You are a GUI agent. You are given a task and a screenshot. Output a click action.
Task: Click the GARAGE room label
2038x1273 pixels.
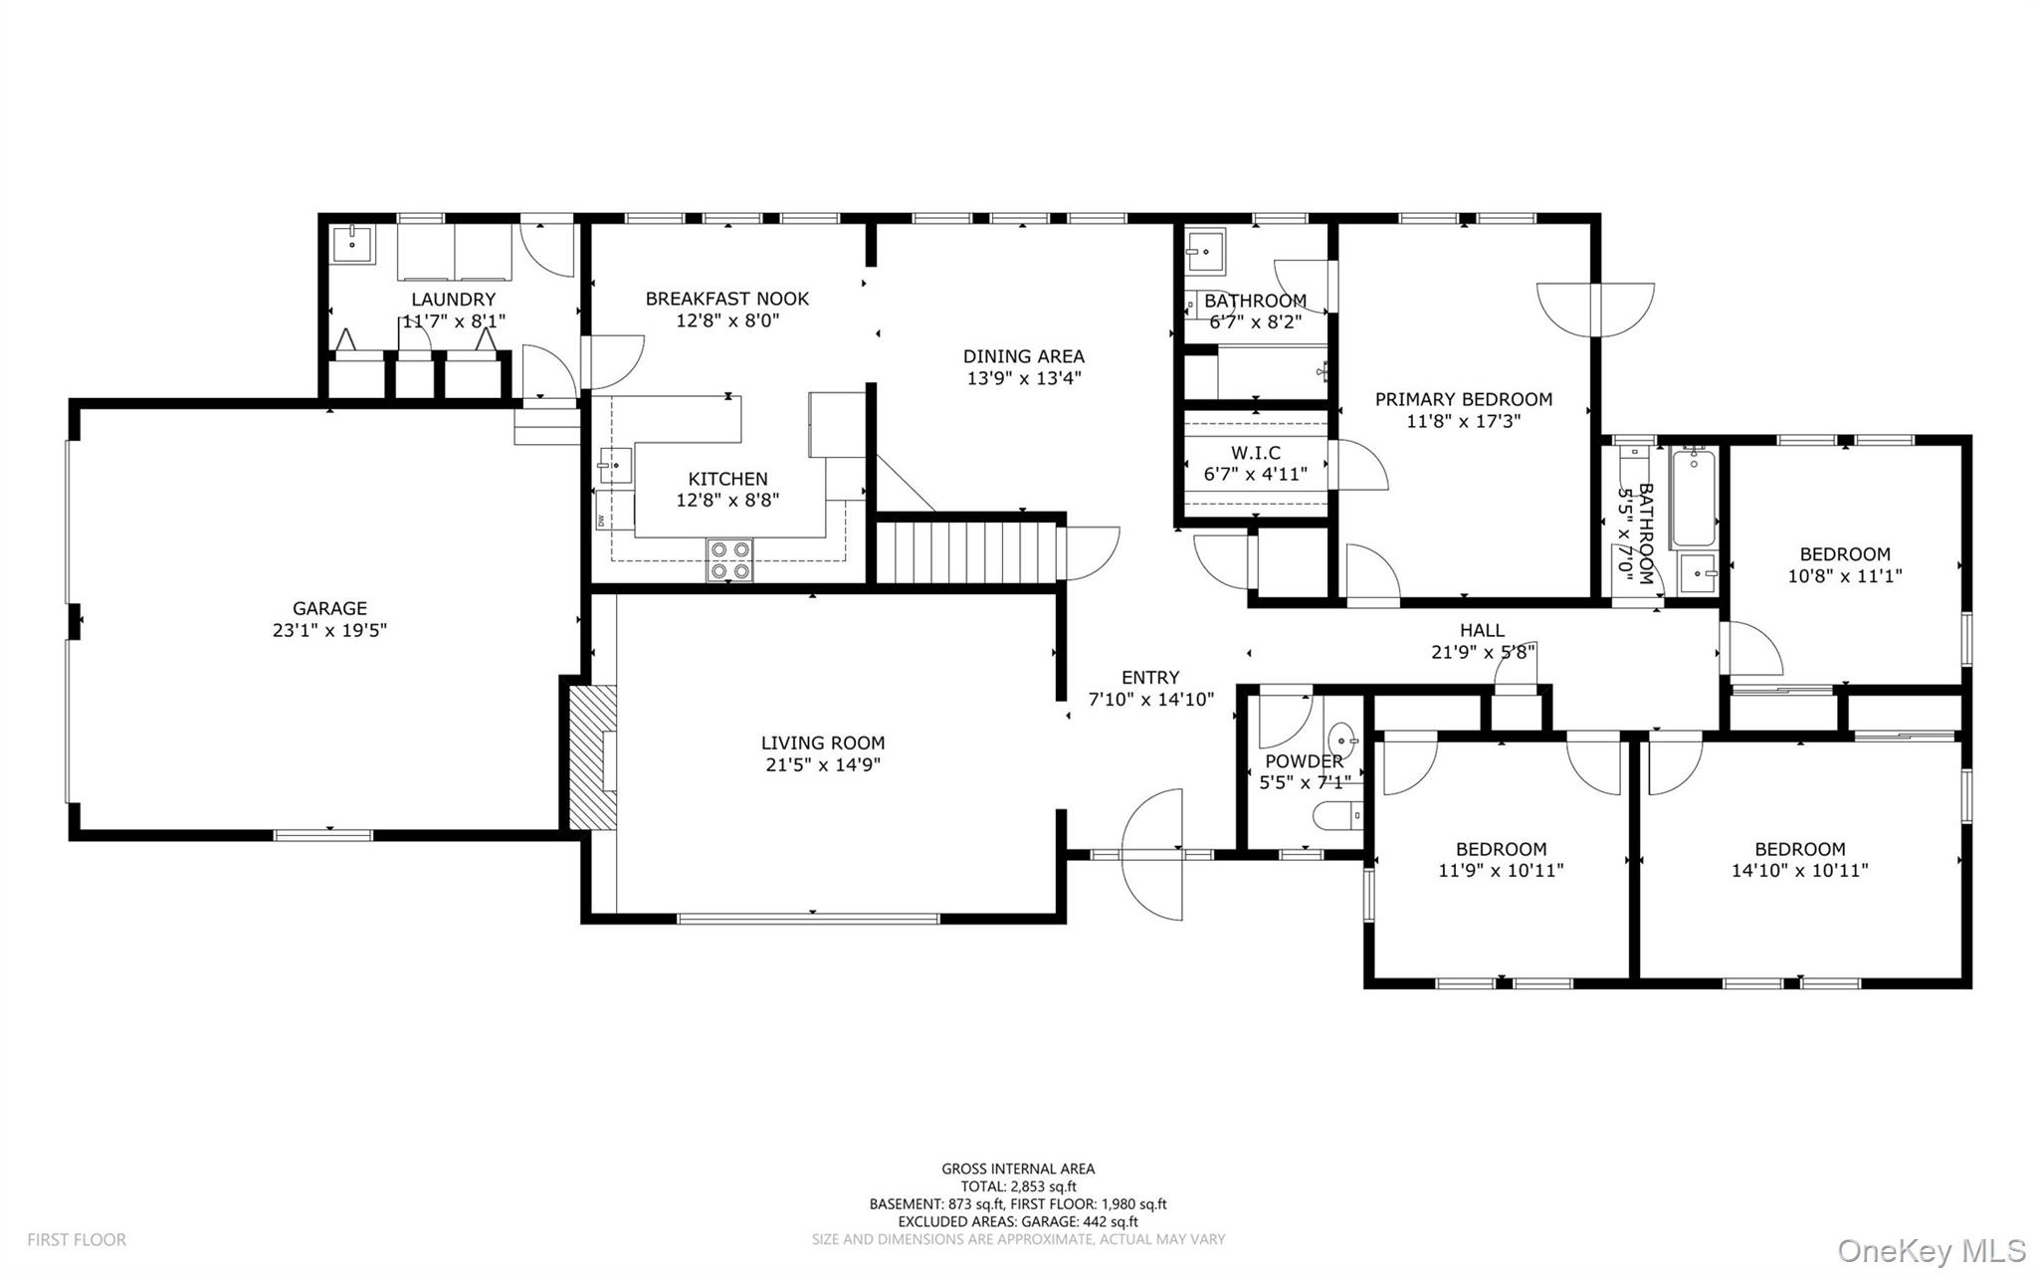329,608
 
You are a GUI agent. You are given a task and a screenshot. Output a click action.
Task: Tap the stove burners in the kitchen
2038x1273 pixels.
729,559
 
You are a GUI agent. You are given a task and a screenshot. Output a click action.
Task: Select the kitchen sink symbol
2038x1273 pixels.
615,465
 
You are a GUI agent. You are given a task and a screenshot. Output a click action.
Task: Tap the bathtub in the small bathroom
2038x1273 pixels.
1694,498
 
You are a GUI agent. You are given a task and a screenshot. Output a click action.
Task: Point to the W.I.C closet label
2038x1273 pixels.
1255,453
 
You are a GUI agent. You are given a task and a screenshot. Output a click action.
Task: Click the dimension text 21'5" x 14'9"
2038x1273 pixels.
822,764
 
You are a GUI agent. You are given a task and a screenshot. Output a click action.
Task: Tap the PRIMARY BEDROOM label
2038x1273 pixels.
1463,399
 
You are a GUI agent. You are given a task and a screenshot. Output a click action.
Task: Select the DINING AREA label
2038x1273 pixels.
1023,356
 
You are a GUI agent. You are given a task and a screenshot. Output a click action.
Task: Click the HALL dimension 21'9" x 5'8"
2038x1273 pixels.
1483,652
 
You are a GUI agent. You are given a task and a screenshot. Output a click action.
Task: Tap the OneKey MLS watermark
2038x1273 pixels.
1931,1250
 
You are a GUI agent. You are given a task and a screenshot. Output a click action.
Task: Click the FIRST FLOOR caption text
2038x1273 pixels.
77,1239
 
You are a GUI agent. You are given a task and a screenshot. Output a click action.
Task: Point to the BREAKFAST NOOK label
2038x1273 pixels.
726,299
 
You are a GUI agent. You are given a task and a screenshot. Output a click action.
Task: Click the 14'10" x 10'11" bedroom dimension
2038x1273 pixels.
1799,870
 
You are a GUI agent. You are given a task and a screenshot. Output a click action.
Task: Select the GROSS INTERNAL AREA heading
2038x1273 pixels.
1018,1168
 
